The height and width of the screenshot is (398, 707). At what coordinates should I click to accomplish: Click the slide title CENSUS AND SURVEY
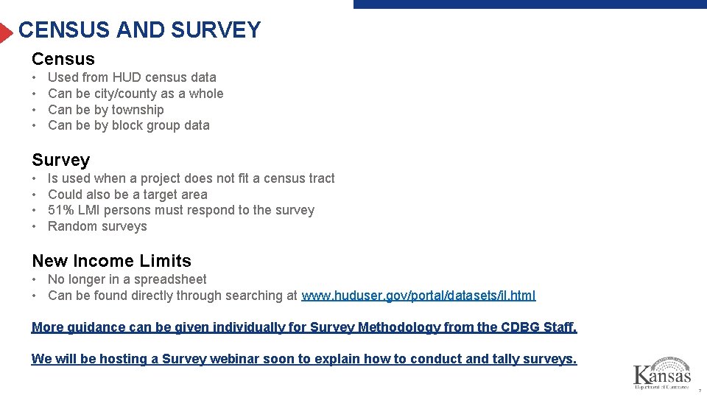[140, 30]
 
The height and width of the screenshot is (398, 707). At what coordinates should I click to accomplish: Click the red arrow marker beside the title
[7, 32]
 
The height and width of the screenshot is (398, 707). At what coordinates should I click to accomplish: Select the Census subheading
[63, 59]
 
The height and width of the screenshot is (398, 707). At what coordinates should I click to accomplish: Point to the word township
[138, 110]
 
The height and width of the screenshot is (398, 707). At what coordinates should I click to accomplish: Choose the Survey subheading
[61, 160]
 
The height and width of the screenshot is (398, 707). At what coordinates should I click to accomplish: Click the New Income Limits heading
[111, 261]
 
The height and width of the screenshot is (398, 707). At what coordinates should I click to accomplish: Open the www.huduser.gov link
[418, 296]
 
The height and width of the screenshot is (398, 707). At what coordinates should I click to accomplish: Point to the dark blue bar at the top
[530, 4]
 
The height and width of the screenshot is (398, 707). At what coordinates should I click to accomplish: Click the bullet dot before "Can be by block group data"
[35, 125]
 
